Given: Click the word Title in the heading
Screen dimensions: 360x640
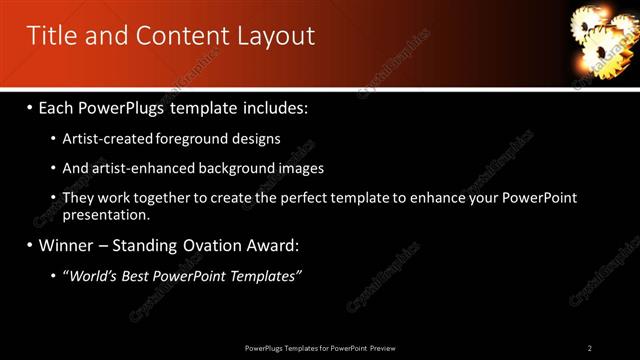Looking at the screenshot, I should [51, 37].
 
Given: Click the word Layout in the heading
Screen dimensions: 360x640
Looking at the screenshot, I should [275, 37].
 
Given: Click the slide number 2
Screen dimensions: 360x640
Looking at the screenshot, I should [590, 348].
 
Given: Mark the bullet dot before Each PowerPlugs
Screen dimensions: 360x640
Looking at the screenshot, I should [29, 107].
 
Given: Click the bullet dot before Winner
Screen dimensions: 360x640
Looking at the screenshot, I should [29, 245].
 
